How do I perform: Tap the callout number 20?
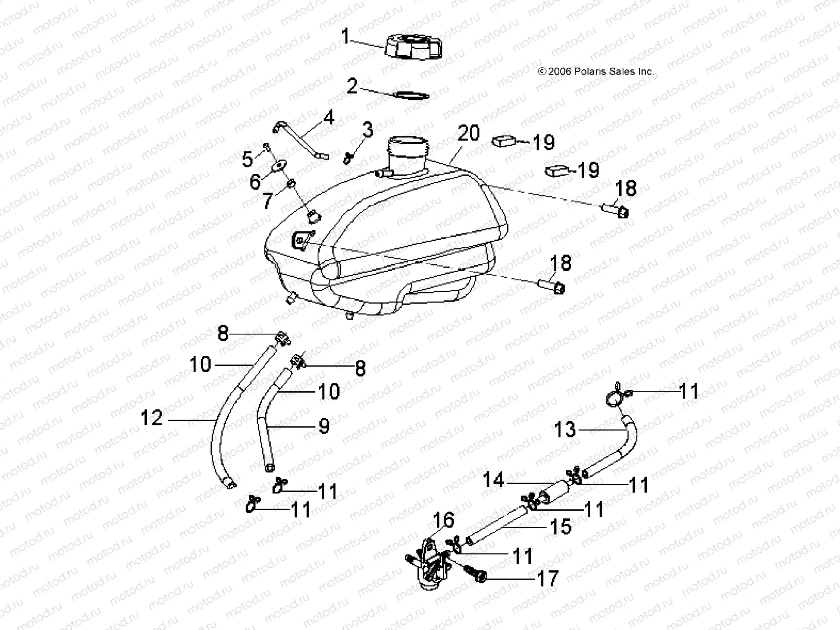tap(468, 133)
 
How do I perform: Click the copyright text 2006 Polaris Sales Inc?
tap(596, 71)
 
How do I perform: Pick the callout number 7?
tap(267, 201)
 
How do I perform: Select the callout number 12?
tap(152, 418)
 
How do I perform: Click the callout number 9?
tap(324, 425)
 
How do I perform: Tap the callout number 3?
tap(368, 129)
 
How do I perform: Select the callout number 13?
tap(565, 430)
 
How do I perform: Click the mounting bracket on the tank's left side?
tap(301, 240)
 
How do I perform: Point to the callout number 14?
tap(493, 479)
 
